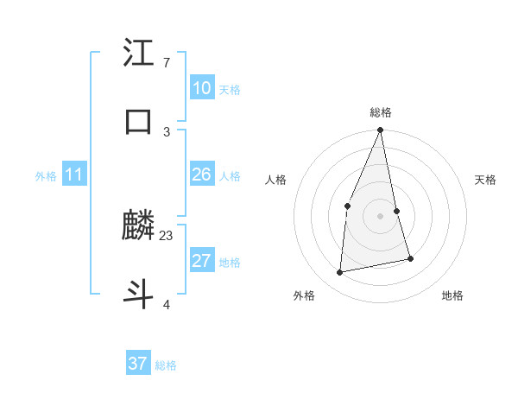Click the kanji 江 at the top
[139, 54]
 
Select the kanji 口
[139, 121]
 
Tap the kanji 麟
[139, 226]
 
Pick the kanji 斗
[139, 293]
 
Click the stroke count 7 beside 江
[166, 63]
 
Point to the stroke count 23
[167, 235]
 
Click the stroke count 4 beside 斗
[166, 303]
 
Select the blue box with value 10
[201, 88]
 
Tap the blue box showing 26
[201, 174]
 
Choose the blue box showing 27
[201, 261]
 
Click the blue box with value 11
[73, 175]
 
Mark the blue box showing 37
[137, 364]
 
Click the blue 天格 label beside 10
[230, 90]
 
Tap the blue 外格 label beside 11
[46, 176]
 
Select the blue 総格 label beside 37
[166, 365]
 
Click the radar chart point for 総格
[380, 130]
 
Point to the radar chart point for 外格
[340, 273]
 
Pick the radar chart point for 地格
[411, 258]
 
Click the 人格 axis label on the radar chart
[275, 180]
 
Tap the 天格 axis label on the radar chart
[486, 180]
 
